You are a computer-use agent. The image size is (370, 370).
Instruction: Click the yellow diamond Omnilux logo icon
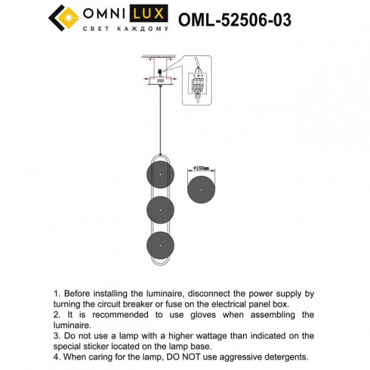pyautogui.click(x=62, y=17)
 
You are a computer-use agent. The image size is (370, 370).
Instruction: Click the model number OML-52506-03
pyautogui.click(x=234, y=20)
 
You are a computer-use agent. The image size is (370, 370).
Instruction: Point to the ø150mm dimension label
pyautogui.click(x=202, y=168)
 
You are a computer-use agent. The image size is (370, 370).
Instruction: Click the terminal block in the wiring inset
pyautogui.click(x=197, y=83)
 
